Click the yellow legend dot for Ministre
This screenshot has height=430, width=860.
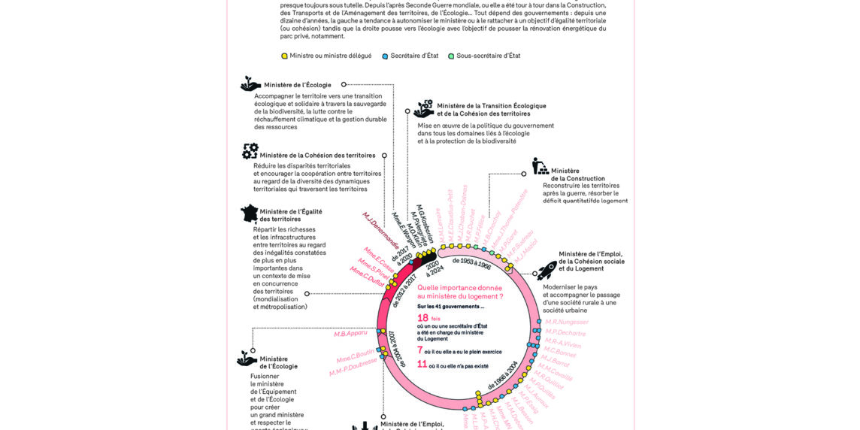[284, 56]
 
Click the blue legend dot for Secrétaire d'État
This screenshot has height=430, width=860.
[385, 56]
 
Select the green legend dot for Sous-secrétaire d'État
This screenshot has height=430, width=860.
[451, 56]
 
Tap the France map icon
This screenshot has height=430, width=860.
[249, 213]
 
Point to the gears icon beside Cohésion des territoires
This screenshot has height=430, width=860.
[250, 152]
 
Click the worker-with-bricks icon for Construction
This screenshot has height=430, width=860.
[540, 166]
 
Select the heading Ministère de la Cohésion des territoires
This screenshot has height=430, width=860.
[317, 156]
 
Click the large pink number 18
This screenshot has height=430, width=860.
[422, 318]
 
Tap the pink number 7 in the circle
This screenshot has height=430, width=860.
[420, 350]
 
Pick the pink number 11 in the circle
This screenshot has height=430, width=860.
[422, 365]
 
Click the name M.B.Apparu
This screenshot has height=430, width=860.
[350, 333]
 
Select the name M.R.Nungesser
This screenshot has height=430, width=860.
[567, 322]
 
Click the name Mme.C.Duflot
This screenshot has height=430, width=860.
[366, 277]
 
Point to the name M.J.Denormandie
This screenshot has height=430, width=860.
[380, 230]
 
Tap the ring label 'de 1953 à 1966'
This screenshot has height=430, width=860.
[471, 262]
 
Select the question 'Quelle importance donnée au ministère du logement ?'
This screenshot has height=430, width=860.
[460, 292]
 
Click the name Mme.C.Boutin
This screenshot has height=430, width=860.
[355, 356]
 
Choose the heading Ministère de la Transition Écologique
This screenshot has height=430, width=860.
[491, 106]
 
